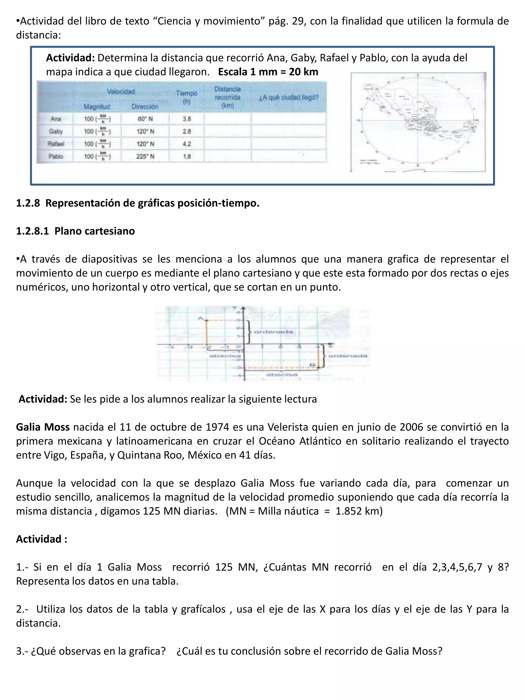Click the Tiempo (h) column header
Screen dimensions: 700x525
pos(186,97)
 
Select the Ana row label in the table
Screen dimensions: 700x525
pos(56,119)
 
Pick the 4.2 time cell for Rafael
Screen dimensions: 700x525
pos(187,144)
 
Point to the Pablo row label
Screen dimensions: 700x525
pos(56,156)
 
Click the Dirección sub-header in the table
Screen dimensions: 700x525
pos(145,107)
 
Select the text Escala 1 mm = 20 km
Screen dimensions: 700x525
pos(268,72)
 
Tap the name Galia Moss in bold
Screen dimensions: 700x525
pos(43,427)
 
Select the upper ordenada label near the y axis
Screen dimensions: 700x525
pos(274,332)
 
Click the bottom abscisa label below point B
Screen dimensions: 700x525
pos(282,375)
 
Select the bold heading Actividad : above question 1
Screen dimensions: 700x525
pos(42,539)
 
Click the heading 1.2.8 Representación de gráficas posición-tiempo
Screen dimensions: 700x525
pos(138,203)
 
